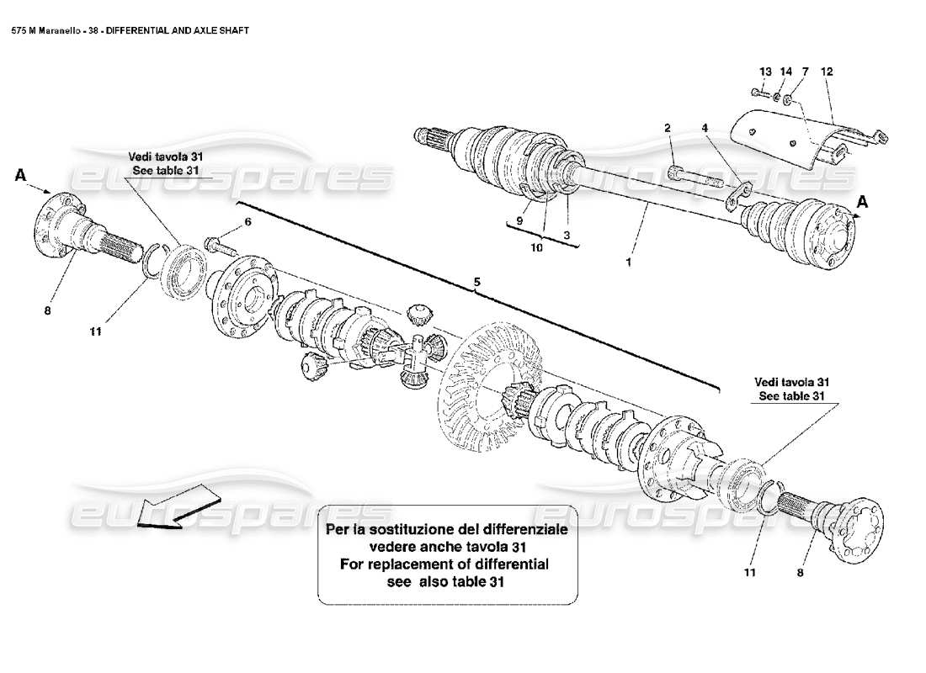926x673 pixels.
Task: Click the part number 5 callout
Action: pos(476,284)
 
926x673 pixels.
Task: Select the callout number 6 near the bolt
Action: pos(247,222)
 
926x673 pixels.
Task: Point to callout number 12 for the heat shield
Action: pos(827,72)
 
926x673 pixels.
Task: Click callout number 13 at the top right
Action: pos(765,72)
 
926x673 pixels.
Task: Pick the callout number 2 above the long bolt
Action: pos(667,128)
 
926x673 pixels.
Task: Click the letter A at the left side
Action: pos(21,176)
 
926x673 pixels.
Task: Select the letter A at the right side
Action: pos(861,201)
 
